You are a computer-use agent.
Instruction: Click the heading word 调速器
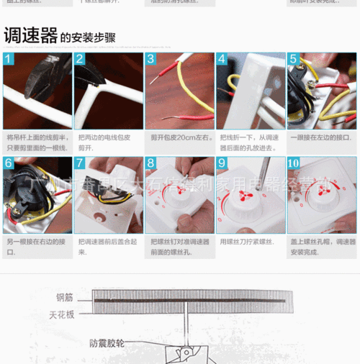tap(30, 35)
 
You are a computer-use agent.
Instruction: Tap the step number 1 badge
tap(9, 59)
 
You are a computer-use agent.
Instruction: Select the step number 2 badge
tap(80, 59)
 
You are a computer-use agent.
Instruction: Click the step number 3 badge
tap(151, 59)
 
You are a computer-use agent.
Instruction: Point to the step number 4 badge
tap(222, 59)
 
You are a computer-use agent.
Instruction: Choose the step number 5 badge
tap(293, 59)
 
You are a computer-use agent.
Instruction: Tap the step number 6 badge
tap(9, 163)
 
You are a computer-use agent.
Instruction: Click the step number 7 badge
tap(80, 163)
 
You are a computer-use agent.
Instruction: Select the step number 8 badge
tap(151, 163)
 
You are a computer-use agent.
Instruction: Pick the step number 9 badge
tap(222, 163)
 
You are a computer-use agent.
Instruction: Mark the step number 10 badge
tap(294, 163)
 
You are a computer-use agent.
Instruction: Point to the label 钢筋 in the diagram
tap(66, 296)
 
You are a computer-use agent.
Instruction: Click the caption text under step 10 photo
tap(321, 247)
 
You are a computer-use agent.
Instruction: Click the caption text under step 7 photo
tap(107, 247)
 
